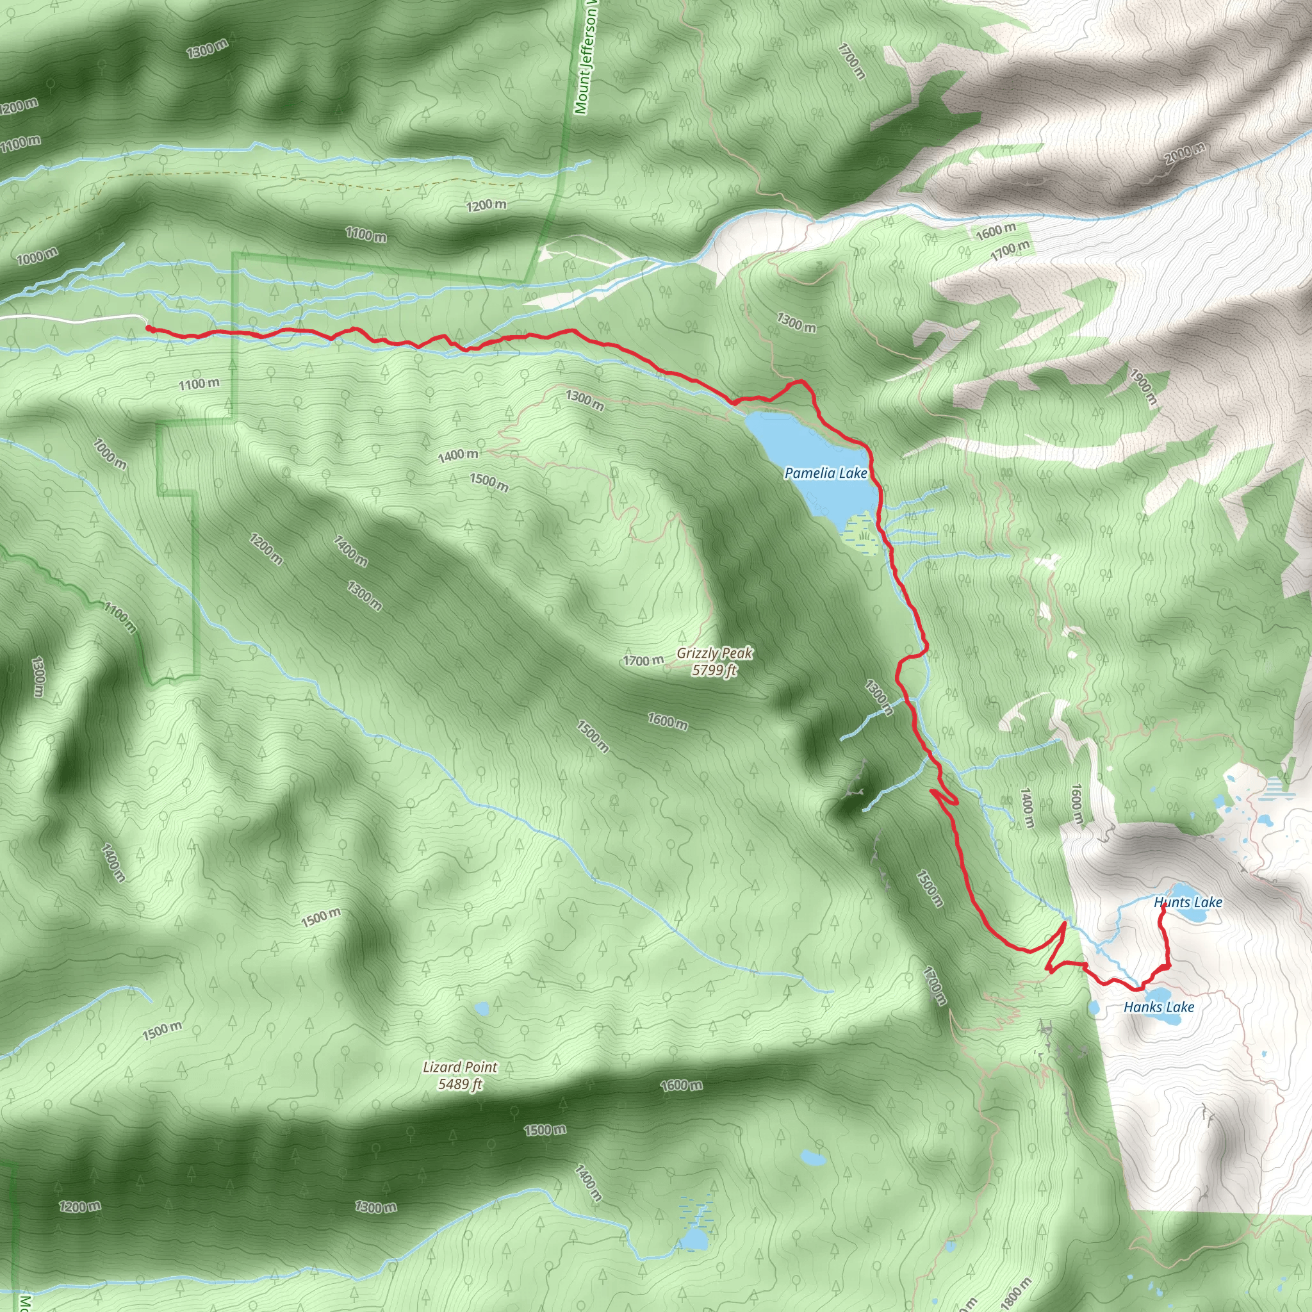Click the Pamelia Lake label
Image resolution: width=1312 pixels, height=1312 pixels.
(826, 473)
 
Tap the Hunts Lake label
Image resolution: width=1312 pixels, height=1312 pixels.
(1188, 903)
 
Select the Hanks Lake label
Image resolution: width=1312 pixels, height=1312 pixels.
(1158, 1007)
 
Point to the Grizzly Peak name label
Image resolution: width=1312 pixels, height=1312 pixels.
(714, 653)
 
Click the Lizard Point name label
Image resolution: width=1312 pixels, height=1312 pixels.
(460, 1067)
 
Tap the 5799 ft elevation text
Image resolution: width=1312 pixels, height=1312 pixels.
(714, 671)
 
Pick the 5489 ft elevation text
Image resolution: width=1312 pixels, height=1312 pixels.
(460, 1085)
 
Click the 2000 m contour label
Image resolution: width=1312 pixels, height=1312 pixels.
(1185, 154)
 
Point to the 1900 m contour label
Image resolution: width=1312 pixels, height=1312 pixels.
(1142, 387)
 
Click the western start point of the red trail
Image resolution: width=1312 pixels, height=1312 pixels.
(148, 329)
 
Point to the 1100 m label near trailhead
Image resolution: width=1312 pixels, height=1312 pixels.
(199, 384)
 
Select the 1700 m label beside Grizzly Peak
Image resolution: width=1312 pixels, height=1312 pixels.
(643, 660)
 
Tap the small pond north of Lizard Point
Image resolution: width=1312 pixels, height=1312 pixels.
(482, 1008)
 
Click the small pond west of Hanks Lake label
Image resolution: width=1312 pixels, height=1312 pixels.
(1094, 1008)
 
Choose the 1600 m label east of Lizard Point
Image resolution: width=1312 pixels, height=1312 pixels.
(680, 1085)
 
